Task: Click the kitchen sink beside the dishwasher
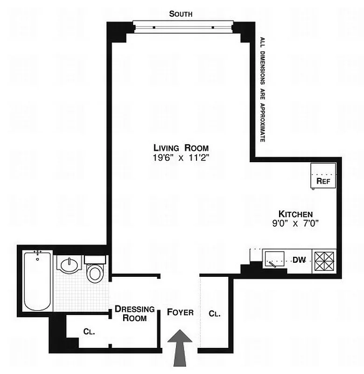coord(274,259)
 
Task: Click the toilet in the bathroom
coord(96,270)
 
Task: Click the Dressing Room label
coord(135,314)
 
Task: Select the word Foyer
coord(181,312)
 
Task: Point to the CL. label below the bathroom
coord(89,332)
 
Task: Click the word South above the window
coord(181,14)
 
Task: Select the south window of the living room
coord(182,26)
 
